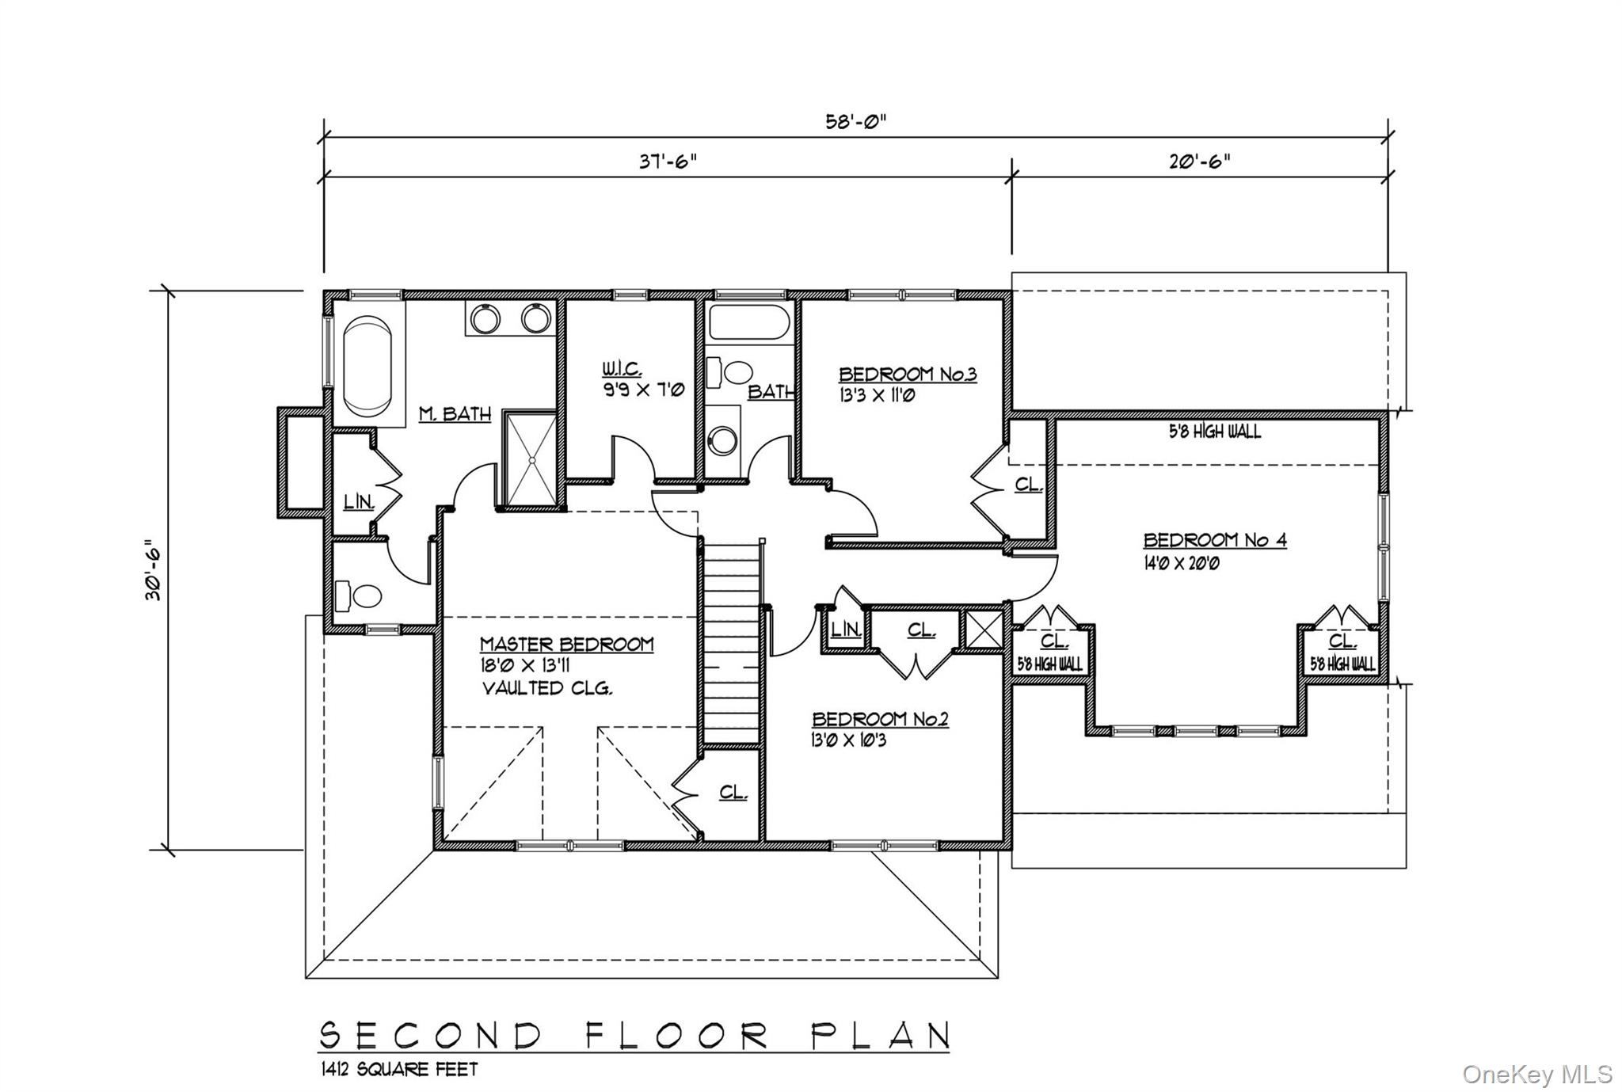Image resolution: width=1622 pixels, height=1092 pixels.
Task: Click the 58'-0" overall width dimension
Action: tap(855, 122)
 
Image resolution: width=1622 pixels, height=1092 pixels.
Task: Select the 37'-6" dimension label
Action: tap(668, 162)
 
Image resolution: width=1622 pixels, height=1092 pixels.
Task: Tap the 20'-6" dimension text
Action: tap(1201, 162)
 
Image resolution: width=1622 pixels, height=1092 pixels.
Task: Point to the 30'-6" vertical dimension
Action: tap(154, 570)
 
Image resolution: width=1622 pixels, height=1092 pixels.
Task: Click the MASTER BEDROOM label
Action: tap(566, 645)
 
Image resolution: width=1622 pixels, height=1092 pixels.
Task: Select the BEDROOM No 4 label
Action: tap(1214, 541)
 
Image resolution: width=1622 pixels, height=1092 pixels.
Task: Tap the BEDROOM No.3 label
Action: tap(908, 375)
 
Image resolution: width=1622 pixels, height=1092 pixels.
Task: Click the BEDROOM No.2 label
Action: tap(880, 719)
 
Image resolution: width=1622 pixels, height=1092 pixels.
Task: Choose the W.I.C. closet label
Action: tap(622, 370)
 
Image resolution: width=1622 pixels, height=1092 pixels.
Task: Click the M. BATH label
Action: tap(455, 414)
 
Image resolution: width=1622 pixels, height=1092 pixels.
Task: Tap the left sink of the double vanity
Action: tap(484, 319)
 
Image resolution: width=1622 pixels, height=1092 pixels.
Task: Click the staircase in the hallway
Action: tap(732, 641)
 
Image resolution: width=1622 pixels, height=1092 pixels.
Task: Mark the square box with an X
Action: tap(984, 630)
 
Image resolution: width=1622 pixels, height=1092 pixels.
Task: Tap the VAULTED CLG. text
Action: tap(547, 688)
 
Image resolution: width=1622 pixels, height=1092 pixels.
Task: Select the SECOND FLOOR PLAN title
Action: tap(634, 1035)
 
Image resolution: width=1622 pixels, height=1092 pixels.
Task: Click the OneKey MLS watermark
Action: tap(1536, 1075)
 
